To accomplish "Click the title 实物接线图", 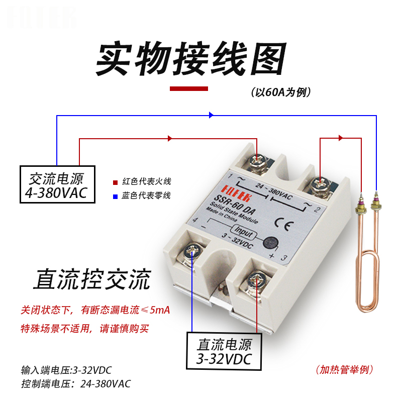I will tap(190, 59).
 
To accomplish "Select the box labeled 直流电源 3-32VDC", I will tap(224, 350).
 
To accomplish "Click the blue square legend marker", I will tap(115, 195).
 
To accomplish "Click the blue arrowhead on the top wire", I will tap(211, 115).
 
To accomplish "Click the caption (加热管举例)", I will tap(345, 370).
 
